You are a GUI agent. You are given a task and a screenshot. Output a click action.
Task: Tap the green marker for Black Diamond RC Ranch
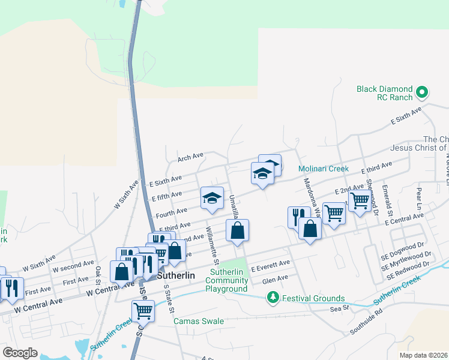click(422, 92)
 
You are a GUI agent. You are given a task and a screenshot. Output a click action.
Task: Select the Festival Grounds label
click(315, 298)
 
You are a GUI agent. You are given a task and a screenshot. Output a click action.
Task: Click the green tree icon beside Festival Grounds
click(273, 298)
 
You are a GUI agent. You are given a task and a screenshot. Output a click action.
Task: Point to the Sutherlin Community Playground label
click(226, 280)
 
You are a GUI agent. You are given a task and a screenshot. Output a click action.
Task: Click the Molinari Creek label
click(324, 169)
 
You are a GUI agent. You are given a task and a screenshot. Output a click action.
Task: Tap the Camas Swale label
click(199, 321)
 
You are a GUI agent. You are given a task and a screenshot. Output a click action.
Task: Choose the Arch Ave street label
click(190, 157)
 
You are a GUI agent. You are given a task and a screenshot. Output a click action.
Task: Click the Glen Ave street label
click(275, 278)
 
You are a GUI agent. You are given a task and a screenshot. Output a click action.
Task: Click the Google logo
click(20, 352)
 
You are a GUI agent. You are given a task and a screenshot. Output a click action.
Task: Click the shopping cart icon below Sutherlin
click(143, 311)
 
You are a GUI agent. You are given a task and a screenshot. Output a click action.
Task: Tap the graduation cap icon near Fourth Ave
click(211, 199)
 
